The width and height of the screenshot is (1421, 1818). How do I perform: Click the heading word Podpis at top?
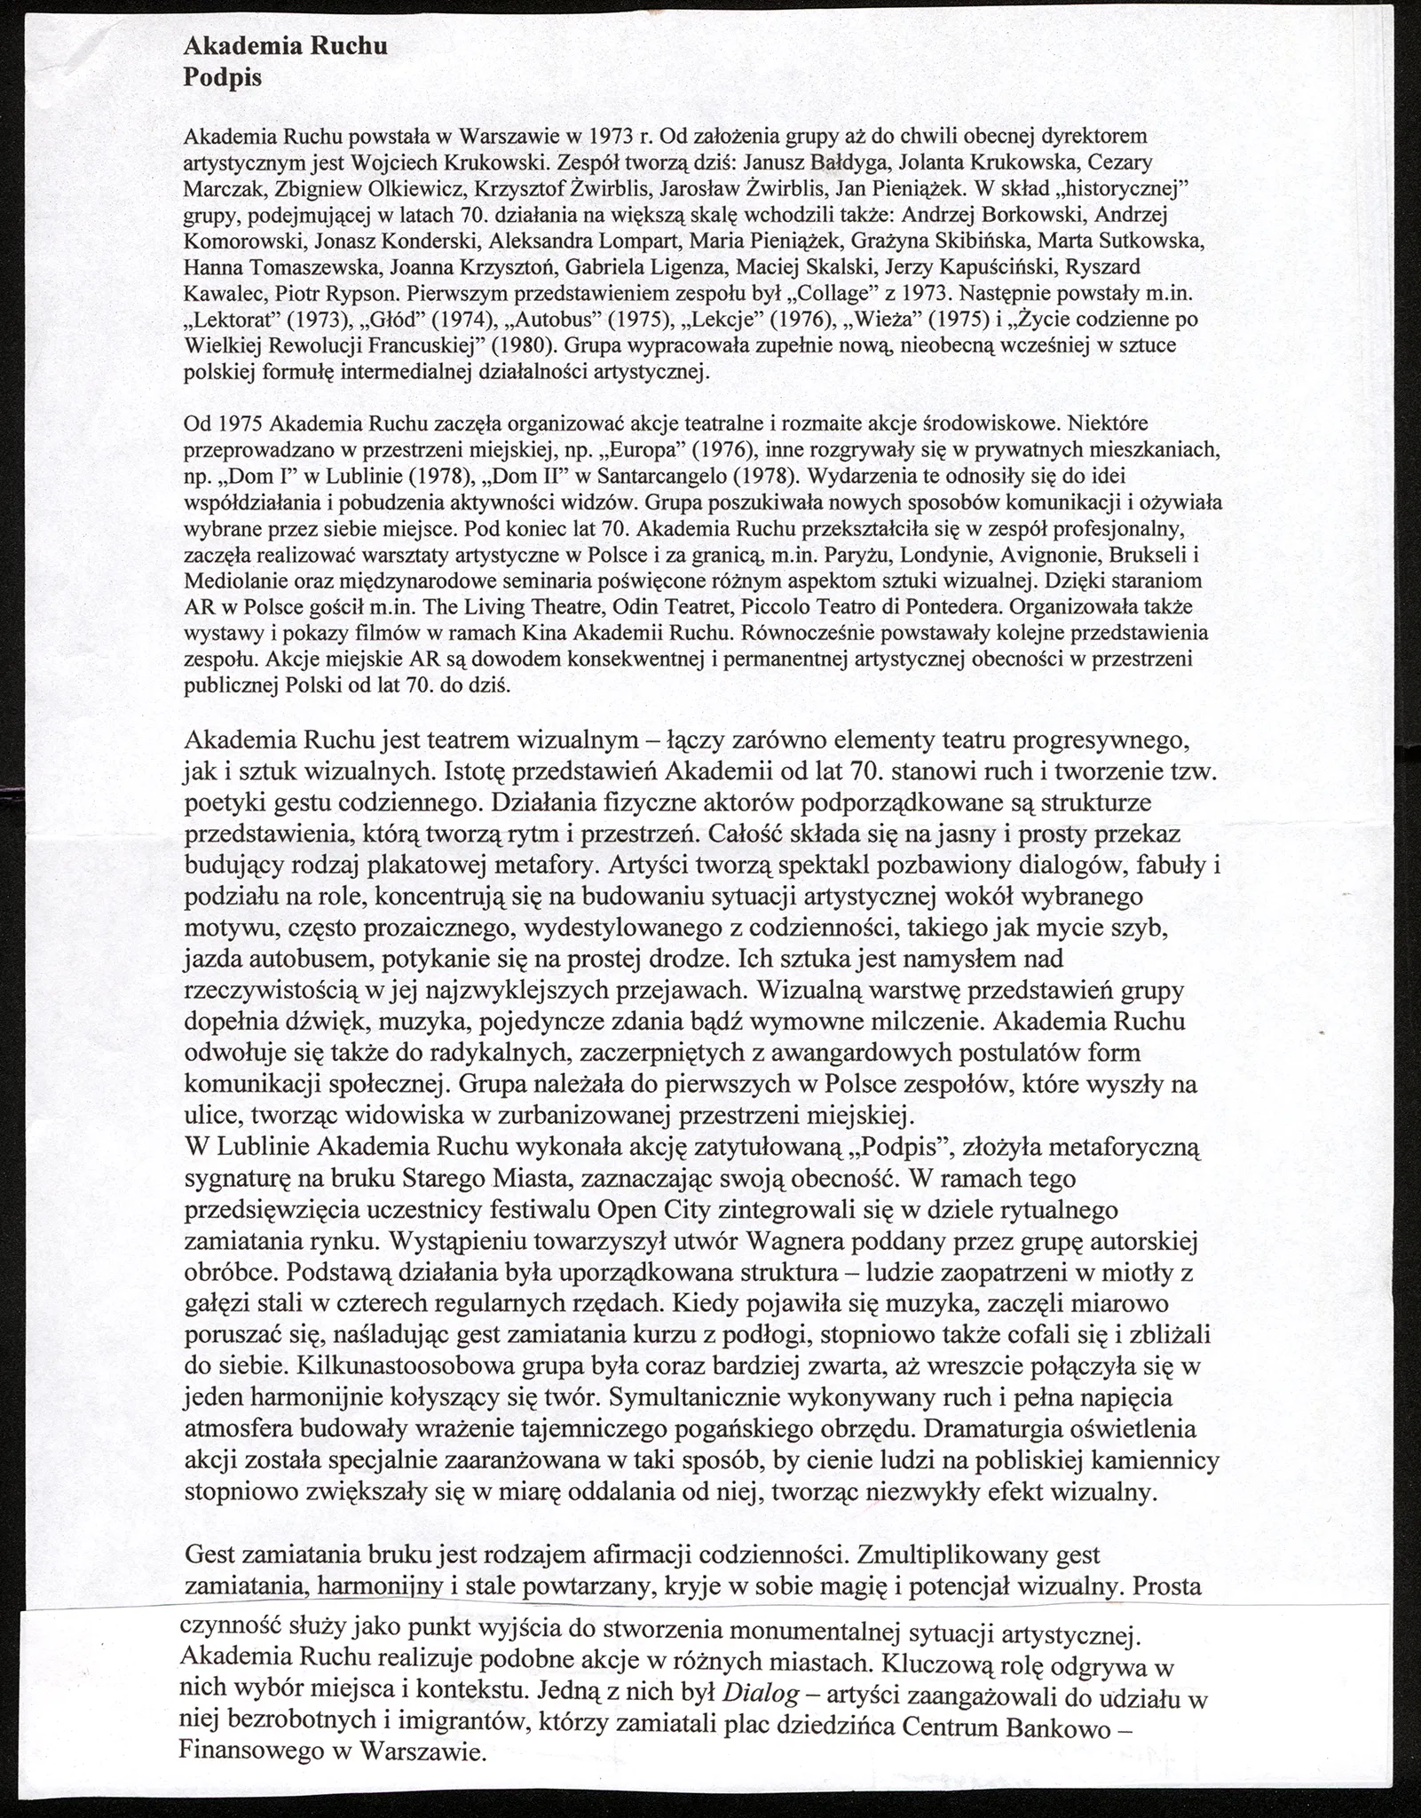coord(222,77)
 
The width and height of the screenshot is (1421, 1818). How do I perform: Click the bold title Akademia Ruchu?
coord(285,46)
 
